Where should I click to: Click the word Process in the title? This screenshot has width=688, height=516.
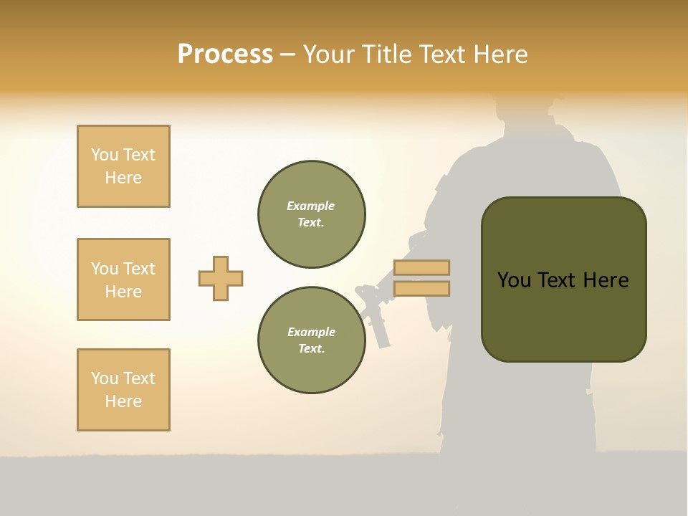(225, 54)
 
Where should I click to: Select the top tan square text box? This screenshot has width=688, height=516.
(123, 166)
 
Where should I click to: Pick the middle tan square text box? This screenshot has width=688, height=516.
(123, 279)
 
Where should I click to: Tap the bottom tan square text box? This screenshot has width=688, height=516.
(123, 390)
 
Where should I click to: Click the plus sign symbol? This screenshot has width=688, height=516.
(221, 278)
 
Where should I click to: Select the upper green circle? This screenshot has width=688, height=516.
(312, 214)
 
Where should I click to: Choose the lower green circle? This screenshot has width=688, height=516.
(312, 340)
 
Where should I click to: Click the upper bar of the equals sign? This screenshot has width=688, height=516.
(421, 268)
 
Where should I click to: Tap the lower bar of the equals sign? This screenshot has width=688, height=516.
(421, 289)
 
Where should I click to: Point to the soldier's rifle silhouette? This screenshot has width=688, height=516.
(374, 312)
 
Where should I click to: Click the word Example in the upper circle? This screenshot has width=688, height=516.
(310, 206)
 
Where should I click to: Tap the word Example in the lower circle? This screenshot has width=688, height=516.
(311, 332)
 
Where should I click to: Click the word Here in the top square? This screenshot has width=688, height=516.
(123, 178)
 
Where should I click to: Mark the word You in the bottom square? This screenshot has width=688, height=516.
(105, 378)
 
